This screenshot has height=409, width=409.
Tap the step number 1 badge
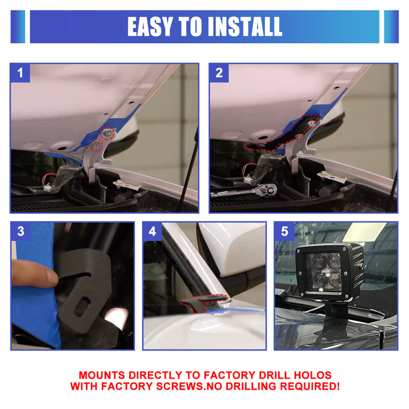(x=21, y=73)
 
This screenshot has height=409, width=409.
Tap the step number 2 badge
(x=219, y=73)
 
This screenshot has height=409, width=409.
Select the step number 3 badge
(x=21, y=231)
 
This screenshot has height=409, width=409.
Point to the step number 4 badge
(x=153, y=231)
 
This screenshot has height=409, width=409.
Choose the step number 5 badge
(x=285, y=231)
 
